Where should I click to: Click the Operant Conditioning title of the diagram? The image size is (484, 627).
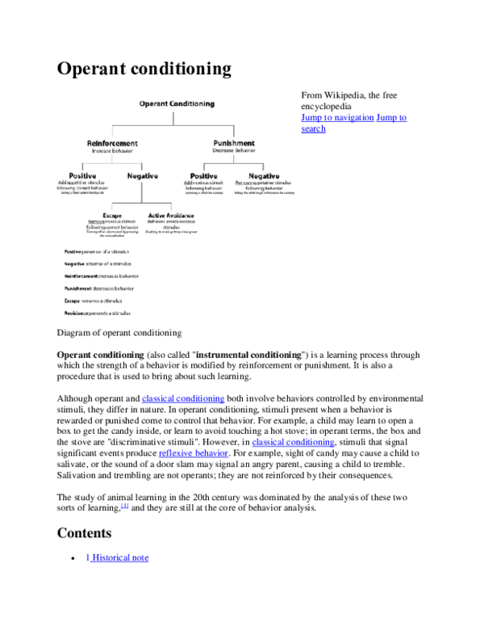[x=177, y=104]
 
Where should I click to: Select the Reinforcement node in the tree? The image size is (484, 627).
[x=112, y=143]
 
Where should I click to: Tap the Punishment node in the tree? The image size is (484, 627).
[x=233, y=143]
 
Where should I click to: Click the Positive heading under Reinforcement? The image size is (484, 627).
[x=82, y=175]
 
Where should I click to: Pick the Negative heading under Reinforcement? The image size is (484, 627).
[x=142, y=175]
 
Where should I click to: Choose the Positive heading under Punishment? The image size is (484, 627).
[x=203, y=175]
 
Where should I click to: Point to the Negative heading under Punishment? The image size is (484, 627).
[x=263, y=175]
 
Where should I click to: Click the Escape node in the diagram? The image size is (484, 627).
[x=112, y=216]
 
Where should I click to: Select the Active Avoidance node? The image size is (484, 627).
[x=171, y=216]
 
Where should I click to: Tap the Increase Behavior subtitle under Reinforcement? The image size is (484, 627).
[x=112, y=151]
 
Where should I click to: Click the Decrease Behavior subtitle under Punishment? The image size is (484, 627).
[x=233, y=151]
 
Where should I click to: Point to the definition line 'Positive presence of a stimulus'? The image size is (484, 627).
[x=97, y=251]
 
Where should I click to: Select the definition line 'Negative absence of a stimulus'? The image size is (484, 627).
[x=98, y=263]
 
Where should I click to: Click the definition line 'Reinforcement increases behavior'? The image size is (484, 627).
[x=102, y=276]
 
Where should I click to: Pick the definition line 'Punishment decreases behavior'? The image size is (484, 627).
[x=99, y=288]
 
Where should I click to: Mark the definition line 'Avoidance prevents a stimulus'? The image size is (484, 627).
[x=98, y=312]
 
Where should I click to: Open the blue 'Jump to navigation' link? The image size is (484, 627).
[x=353, y=118]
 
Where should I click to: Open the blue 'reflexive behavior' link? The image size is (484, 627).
[x=193, y=453]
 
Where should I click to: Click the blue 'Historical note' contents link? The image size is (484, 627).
[x=117, y=557]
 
